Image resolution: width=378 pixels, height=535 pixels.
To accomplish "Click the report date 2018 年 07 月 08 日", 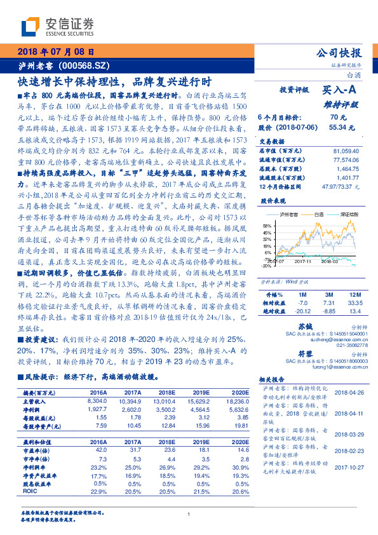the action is coord(56,52).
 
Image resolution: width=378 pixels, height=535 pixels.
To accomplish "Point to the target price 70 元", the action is coord(337,118).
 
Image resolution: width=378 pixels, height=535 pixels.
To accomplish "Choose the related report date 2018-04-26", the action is coord(348,392).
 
